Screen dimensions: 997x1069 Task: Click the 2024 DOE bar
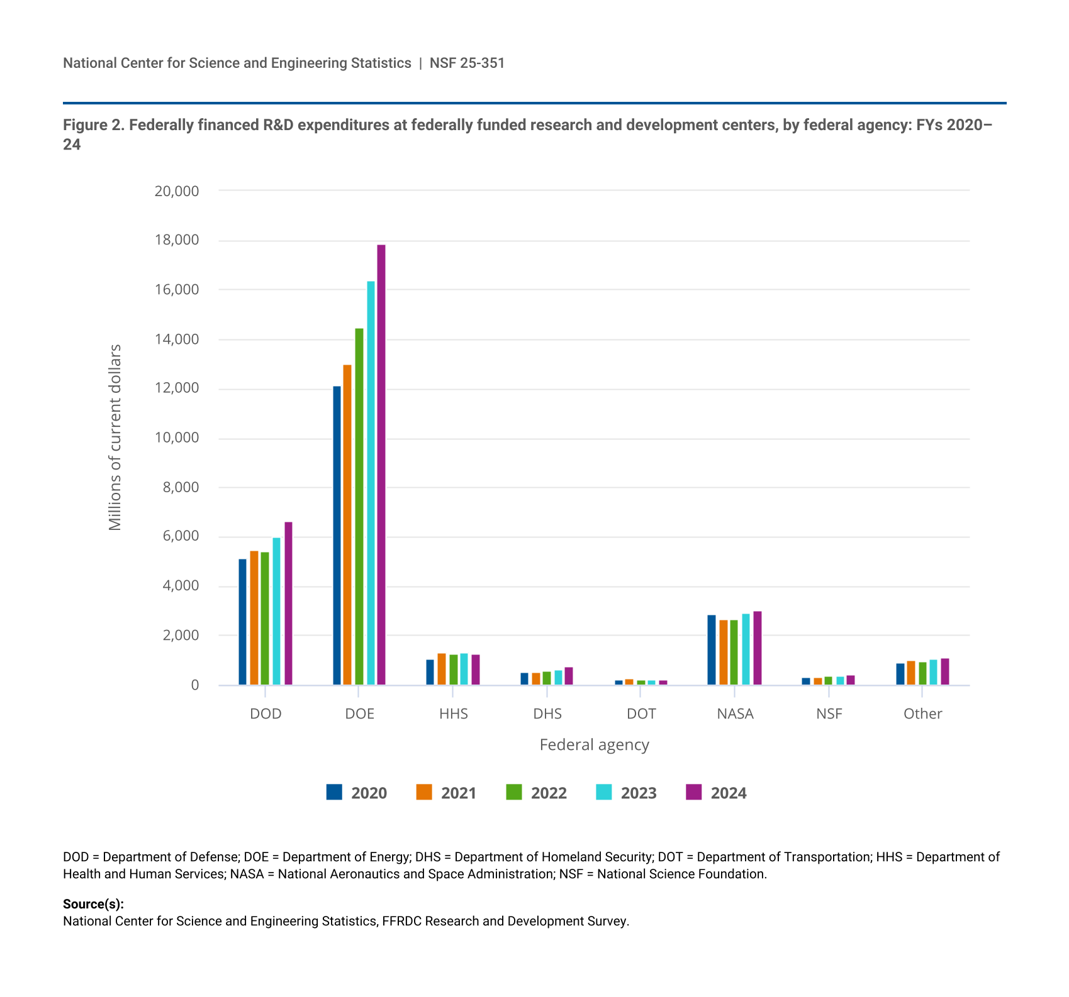[381, 465]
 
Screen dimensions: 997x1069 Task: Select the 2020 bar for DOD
[242, 622]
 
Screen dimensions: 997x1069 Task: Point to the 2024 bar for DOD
[288, 603]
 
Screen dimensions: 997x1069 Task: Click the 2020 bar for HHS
[430, 672]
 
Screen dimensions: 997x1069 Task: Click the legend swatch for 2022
[514, 792]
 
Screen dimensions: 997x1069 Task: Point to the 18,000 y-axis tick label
[177, 240]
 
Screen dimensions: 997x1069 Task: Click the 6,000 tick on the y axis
[181, 536]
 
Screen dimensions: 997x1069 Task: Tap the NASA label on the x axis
[735, 714]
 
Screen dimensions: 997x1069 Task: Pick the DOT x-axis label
[641, 714]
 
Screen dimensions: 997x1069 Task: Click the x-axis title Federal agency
[594, 745]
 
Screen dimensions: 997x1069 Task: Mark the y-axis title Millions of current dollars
[115, 438]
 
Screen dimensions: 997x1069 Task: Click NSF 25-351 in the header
[467, 63]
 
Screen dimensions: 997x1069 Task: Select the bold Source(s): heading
[93, 904]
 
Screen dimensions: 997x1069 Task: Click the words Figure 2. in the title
[94, 125]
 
